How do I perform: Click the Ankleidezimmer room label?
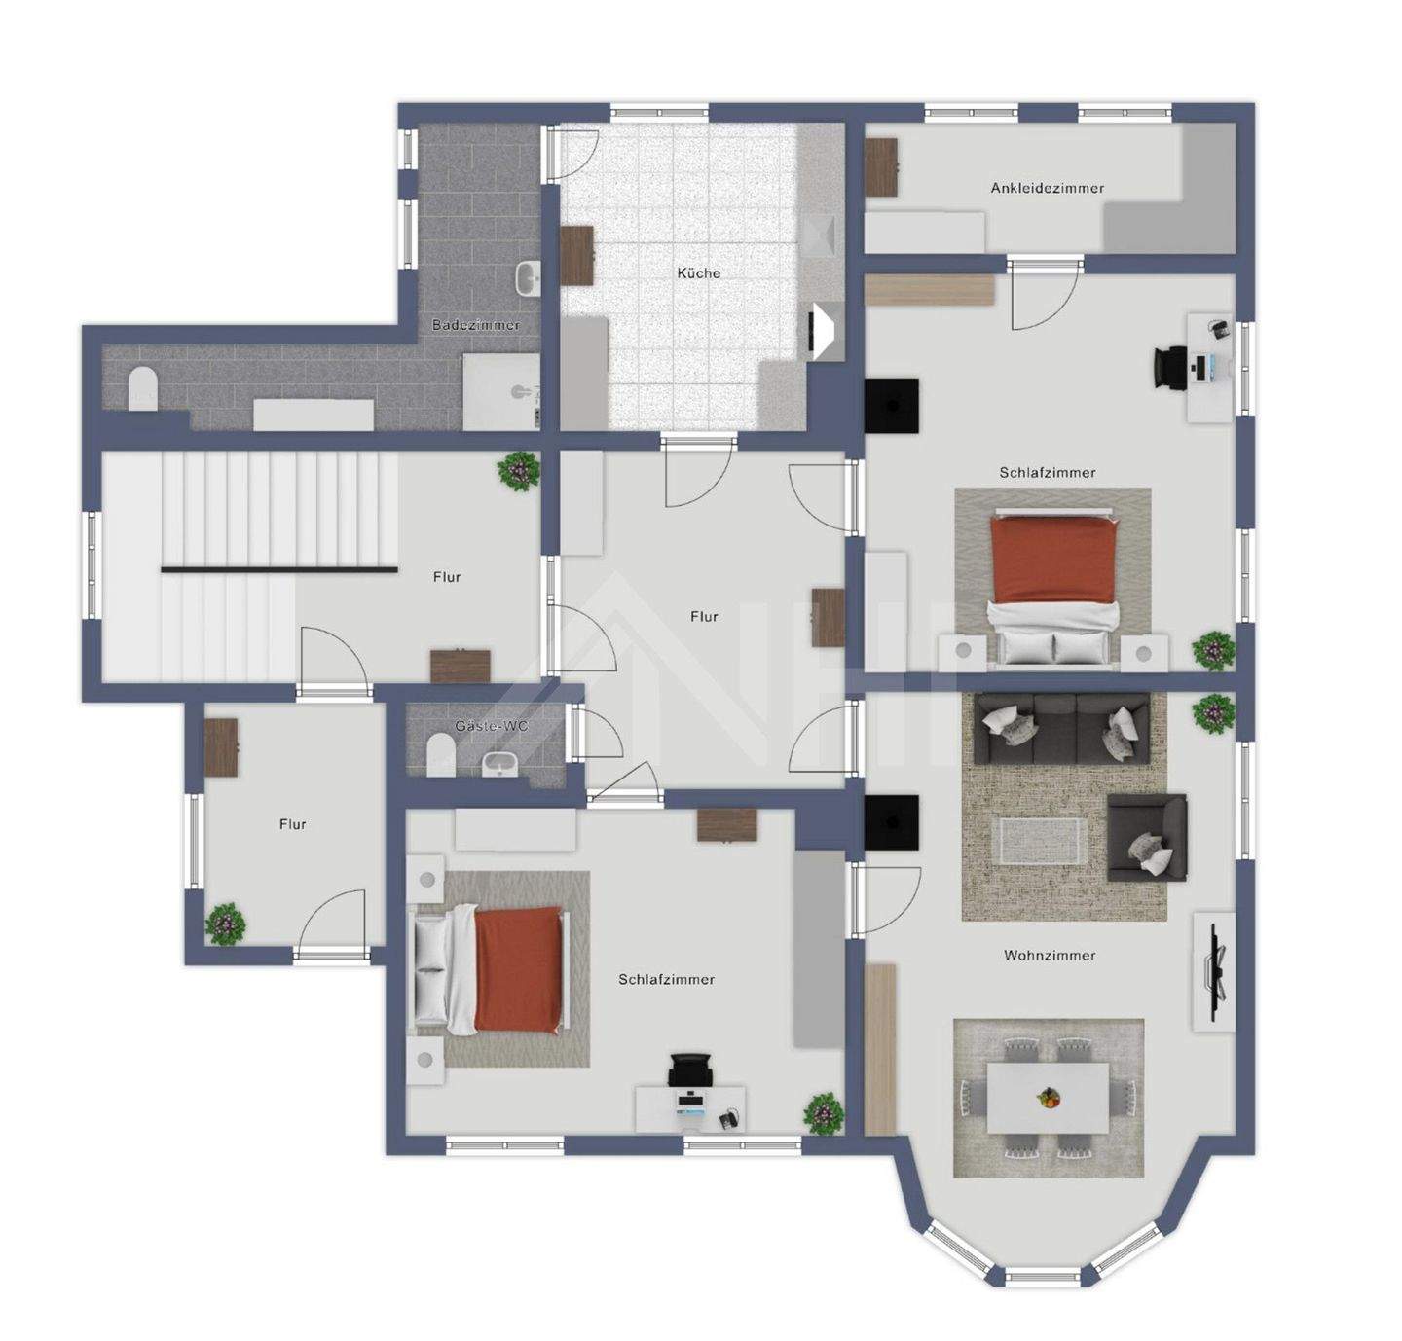tap(1048, 188)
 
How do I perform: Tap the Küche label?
tap(699, 273)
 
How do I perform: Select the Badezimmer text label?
tap(476, 325)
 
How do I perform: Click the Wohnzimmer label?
tap(1050, 956)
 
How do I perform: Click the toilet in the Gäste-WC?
tap(440, 755)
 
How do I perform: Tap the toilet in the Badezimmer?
tap(143, 387)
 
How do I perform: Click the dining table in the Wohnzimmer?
tap(1048, 1097)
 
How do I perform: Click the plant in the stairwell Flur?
tap(518, 471)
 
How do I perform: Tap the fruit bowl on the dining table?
tap(1048, 1098)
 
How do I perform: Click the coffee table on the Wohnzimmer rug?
tap(1039, 839)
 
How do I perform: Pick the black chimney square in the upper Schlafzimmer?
tap(892, 406)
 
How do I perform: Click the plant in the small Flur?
tap(225, 923)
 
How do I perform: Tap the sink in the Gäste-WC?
tap(502, 765)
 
